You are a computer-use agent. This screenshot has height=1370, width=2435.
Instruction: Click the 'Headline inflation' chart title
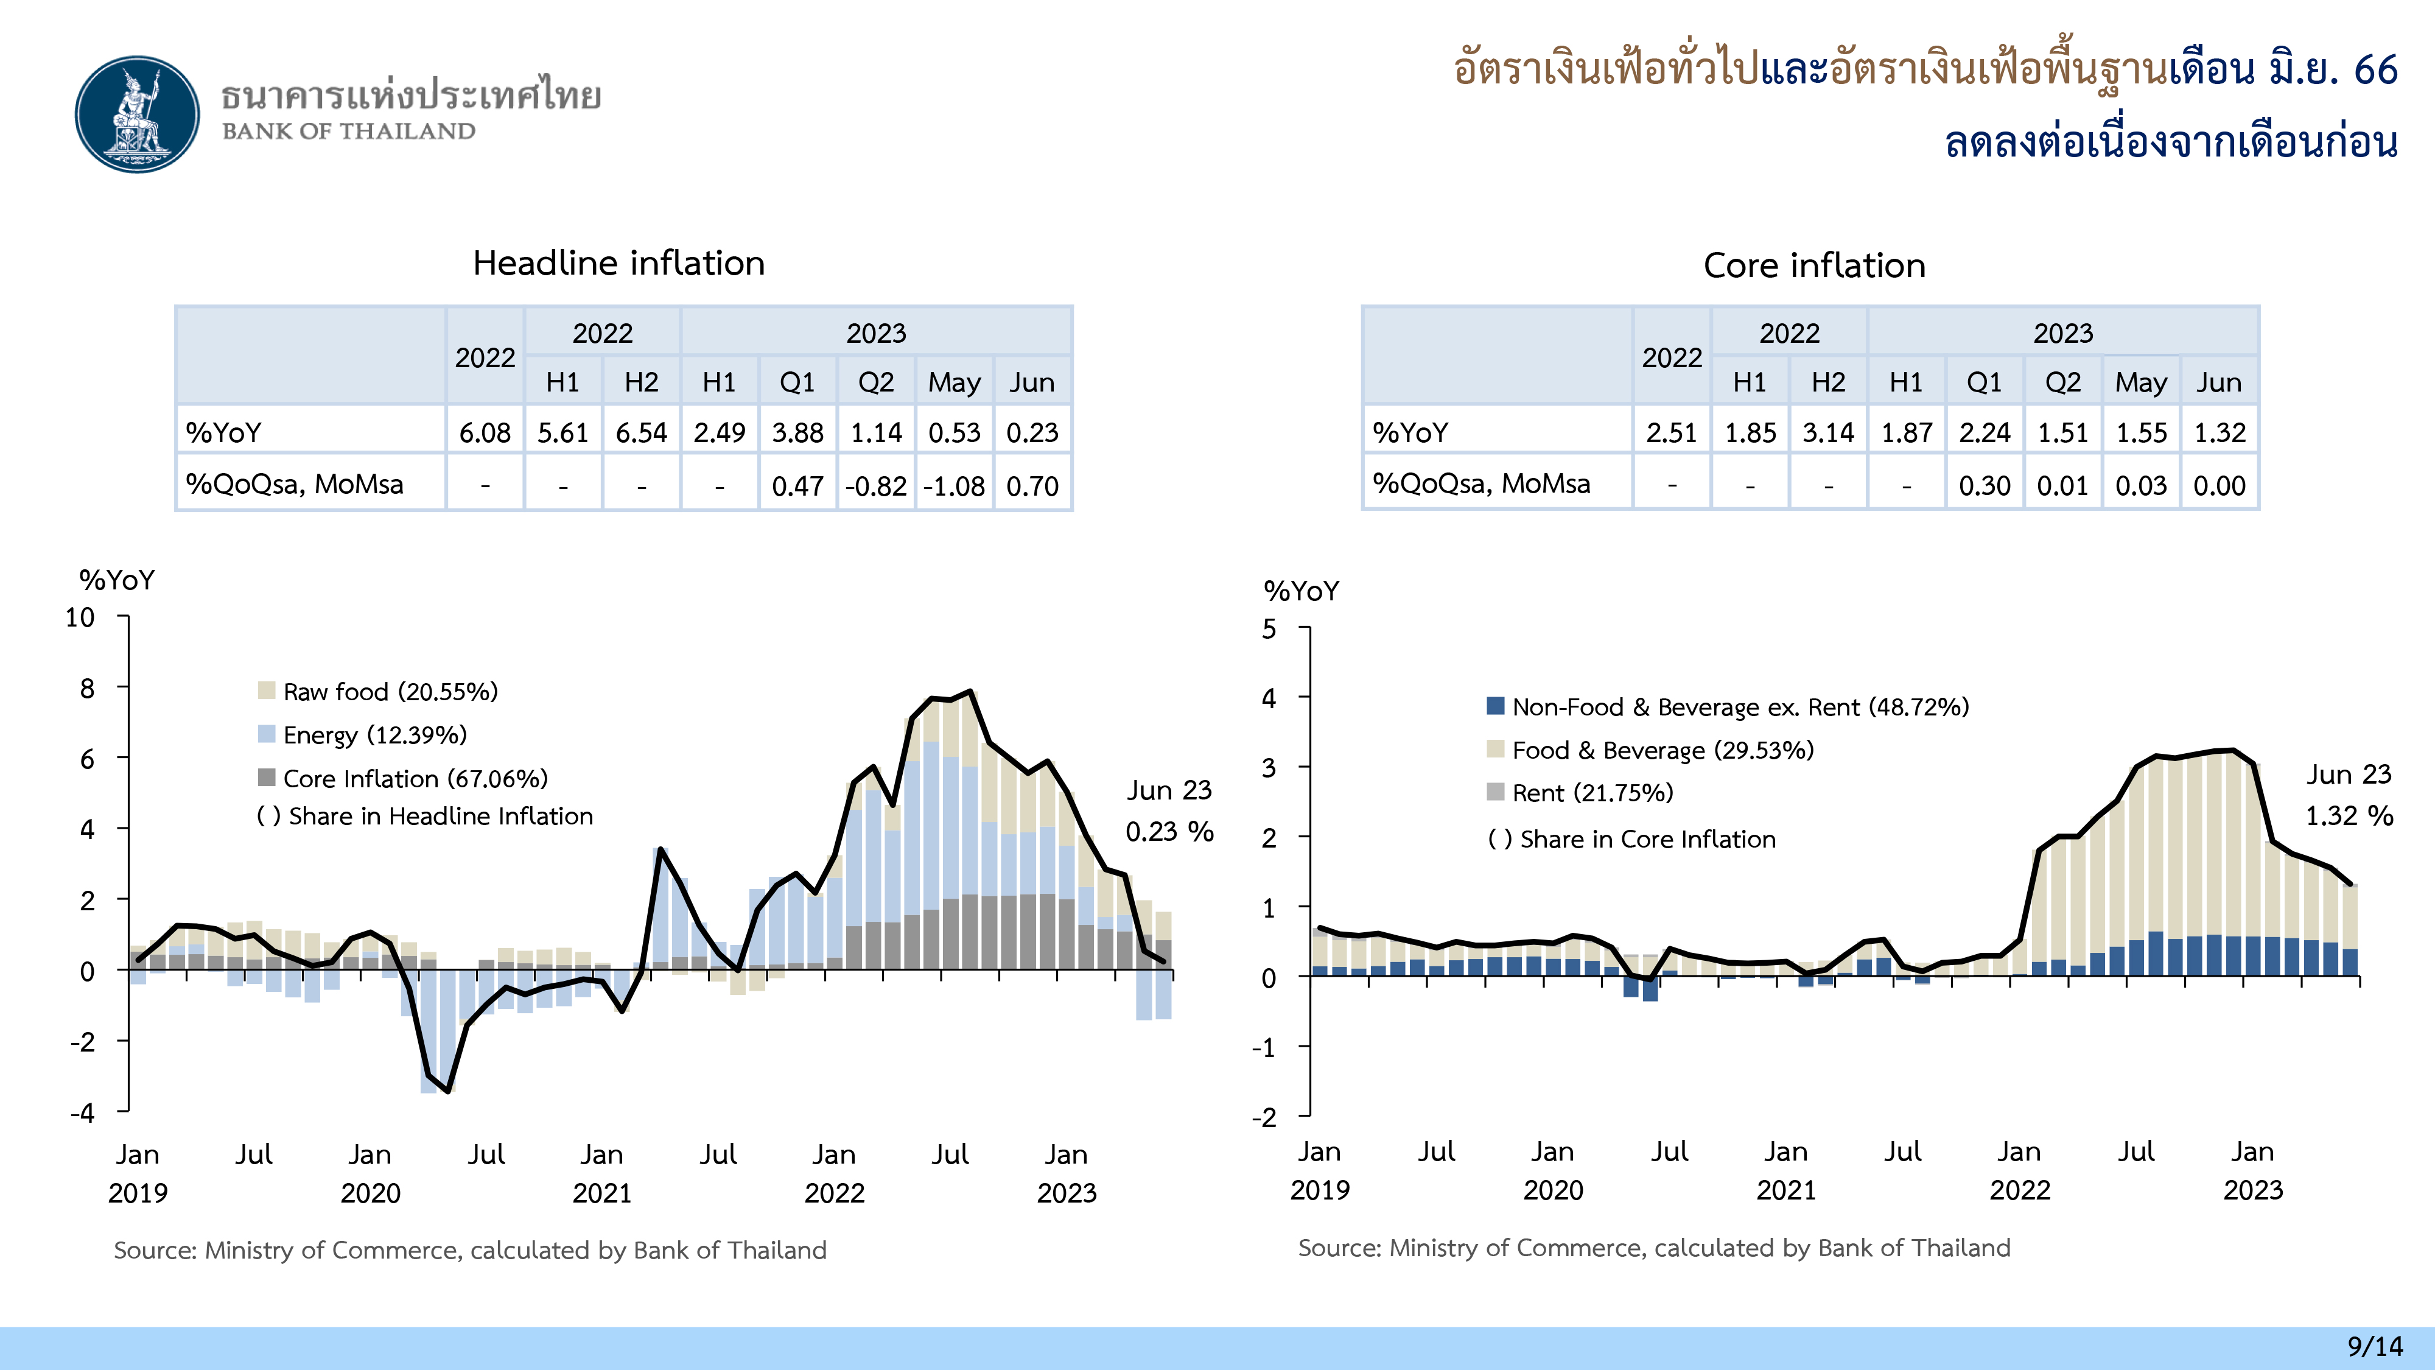(618, 263)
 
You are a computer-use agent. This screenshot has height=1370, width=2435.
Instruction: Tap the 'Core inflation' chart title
(1814, 265)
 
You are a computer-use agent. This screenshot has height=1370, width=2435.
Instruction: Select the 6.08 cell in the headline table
(485, 433)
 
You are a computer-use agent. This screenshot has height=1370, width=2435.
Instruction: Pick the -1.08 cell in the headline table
(954, 486)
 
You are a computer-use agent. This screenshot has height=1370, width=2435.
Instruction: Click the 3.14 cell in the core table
(1828, 433)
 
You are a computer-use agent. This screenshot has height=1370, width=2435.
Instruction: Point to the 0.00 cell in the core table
(2218, 486)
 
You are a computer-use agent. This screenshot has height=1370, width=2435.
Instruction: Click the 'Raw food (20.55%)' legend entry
(390, 692)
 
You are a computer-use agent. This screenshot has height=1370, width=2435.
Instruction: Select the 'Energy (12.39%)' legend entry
(374, 735)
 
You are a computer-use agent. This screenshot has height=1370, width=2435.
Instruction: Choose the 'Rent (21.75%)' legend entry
(1592, 793)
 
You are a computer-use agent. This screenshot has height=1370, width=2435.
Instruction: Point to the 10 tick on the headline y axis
(80, 619)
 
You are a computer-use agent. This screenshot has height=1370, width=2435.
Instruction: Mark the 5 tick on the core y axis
(1269, 630)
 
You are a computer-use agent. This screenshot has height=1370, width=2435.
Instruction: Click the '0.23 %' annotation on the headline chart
(1169, 832)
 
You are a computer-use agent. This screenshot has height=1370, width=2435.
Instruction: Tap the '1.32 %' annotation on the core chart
(2349, 816)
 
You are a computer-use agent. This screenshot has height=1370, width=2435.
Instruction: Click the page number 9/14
(2375, 1346)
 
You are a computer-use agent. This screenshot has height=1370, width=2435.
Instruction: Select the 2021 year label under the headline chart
(602, 1193)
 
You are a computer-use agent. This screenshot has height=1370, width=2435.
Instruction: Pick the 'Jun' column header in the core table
(2218, 383)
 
